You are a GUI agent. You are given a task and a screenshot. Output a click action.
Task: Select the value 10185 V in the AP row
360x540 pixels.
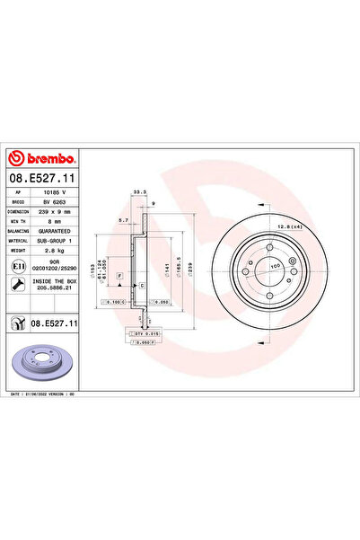click(x=59, y=193)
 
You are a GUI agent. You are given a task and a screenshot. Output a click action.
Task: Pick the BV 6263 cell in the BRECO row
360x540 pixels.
click(x=59, y=203)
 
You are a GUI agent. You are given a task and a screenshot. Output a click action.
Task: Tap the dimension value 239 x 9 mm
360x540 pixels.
click(x=59, y=212)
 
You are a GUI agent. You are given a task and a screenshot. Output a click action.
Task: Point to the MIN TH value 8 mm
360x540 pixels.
click(x=59, y=222)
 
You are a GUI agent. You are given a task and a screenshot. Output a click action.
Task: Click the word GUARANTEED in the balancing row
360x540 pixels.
click(x=59, y=231)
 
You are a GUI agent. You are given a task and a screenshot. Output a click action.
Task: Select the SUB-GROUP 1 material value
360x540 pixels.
click(x=59, y=241)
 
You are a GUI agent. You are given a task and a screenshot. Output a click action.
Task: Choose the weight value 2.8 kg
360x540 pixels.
click(x=59, y=251)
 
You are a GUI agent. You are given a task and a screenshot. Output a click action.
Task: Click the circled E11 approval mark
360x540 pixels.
click(x=19, y=267)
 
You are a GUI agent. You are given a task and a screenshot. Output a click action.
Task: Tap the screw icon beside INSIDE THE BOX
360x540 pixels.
click(x=19, y=285)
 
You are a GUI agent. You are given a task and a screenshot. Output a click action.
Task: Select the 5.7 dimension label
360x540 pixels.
click(x=124, y=220)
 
